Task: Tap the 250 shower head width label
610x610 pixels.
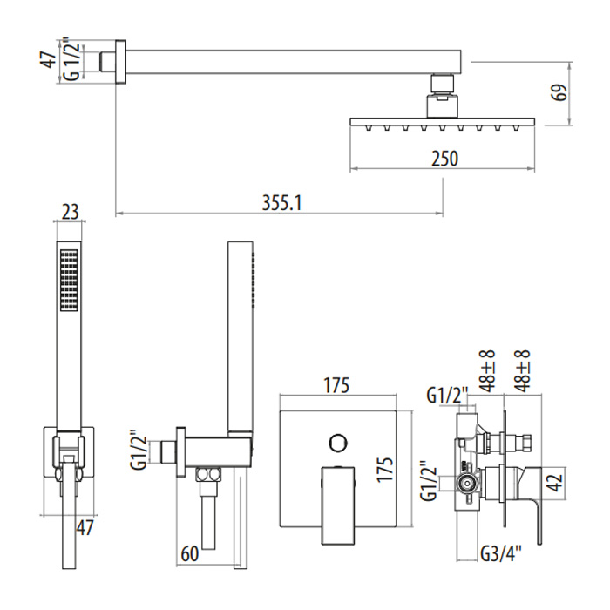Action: point(443,158)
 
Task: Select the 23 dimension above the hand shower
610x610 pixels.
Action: point(71,210)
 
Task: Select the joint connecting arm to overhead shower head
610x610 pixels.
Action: point(442,95)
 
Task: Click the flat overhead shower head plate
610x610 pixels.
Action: point(442,121)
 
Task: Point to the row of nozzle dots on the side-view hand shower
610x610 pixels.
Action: point(254,280)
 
